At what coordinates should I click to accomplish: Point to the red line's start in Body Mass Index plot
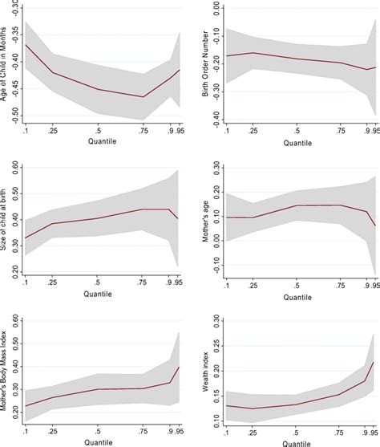tap(26, 405)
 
